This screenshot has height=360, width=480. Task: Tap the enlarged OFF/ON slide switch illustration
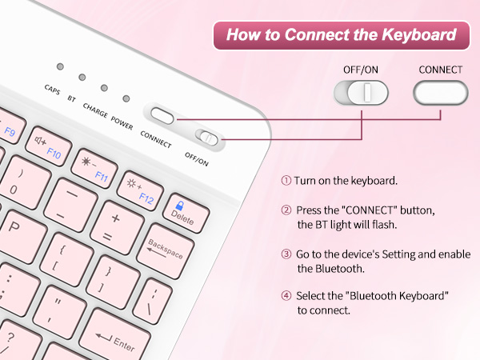click(360, 93)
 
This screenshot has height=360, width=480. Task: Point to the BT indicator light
click(82, 77)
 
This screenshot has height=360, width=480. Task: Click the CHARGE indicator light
click(104, 86)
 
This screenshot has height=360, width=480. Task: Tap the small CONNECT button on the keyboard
click(162, 116)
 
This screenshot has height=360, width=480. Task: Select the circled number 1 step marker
click(286, 181)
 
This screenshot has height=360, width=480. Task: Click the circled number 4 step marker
click(286, 296)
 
